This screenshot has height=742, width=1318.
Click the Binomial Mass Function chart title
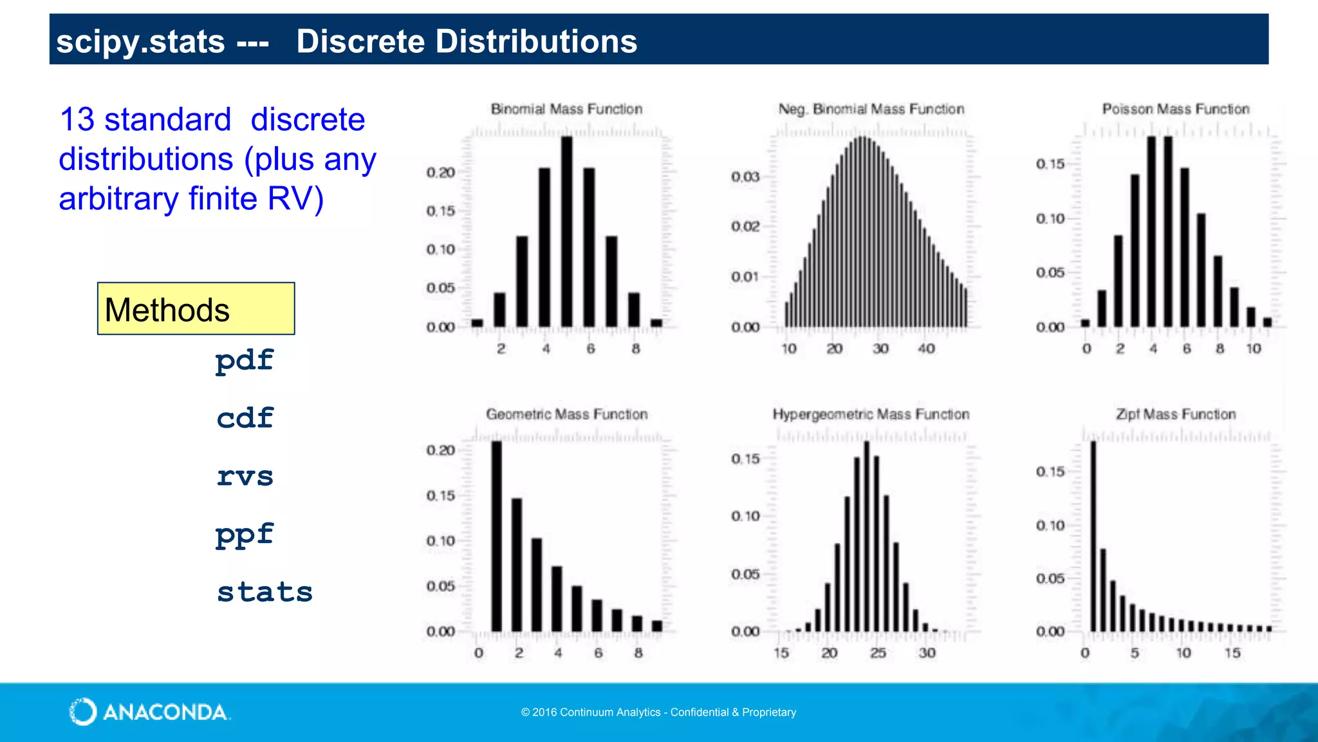pyautogui.click(x=566, y=109)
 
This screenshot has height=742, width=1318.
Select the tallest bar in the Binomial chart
pyautogui.click(x=566, y=232)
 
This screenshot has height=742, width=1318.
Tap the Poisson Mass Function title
pyautogui.click(x=1176, y=109)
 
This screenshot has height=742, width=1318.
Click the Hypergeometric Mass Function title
pyautogui.click(x=871, y=414)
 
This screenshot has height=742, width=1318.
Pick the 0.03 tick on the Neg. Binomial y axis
pyautogui.click(x=745, y=176)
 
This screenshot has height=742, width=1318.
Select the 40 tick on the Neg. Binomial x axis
pyautogui.click(x=926, y=348)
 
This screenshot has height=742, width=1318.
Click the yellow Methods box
pyautogui.click(x=196, y=309)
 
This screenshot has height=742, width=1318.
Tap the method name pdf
pyautogui.click(x=245, y=360)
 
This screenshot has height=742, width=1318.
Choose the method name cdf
pyautogui.click(x=245, y=418)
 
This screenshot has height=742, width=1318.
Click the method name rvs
pyautogui.click(x=245, y=477)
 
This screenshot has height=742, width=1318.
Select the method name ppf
pyautogui.click(x=245, y=535)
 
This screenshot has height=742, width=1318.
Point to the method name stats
pyautogui.click(x=265, y=592)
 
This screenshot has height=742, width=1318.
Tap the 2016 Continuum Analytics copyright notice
pyautogui.click(x=658, y=712)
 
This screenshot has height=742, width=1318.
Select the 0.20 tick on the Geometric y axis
pyautogui.click(x=441, y=450)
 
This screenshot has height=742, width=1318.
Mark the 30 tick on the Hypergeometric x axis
pyautogui.click(x=927, y=653)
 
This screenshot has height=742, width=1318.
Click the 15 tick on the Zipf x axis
pyautogui.click(x=1232, y=653)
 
